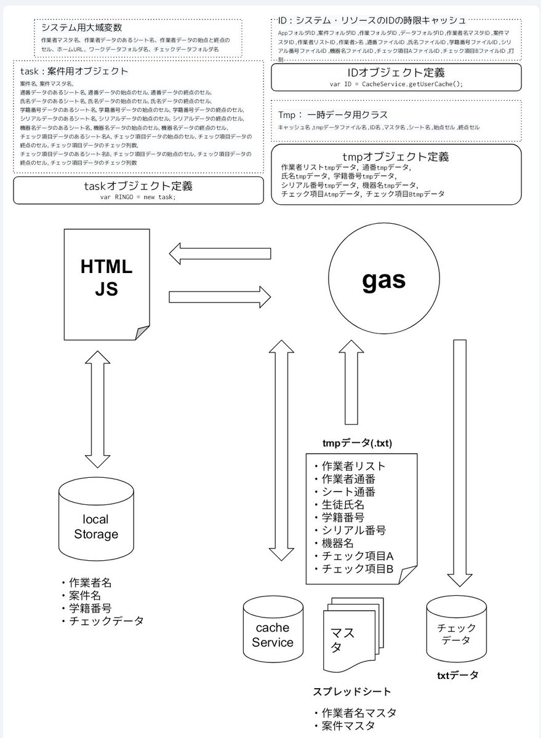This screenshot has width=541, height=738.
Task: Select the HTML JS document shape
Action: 106,283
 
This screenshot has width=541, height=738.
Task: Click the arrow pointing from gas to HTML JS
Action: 220,253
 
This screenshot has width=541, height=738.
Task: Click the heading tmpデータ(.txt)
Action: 358,443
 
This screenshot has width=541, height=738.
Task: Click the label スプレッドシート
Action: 352,692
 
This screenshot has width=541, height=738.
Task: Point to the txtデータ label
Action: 457,675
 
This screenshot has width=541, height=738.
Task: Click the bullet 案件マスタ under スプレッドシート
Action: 348,726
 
